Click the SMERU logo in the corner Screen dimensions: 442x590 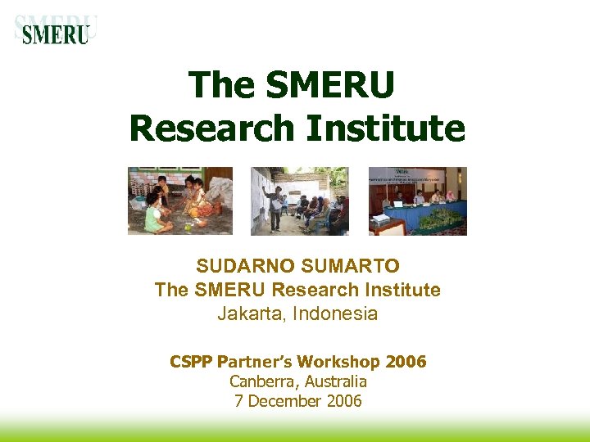[55, 30]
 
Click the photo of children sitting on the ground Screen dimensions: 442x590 [179, 201]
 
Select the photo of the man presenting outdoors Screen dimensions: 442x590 [299, 201]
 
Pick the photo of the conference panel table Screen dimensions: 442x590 [417, 201]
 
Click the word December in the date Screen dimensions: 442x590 [286, 401]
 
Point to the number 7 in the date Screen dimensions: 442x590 [238, 401]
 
